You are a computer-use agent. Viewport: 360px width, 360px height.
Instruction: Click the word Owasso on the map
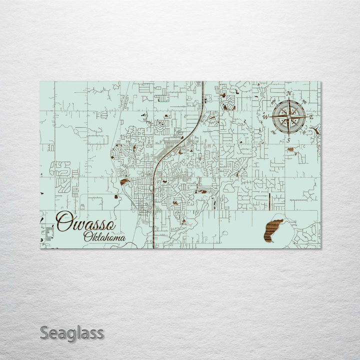(x=85, y=221)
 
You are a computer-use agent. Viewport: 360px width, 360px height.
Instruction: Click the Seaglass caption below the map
(x=72, y=333)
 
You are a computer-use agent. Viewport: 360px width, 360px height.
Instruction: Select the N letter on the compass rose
(x=289, y=93)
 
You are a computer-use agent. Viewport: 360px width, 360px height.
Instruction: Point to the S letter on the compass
(x=289, y=140)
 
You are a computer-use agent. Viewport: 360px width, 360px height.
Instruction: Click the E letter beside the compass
(x=311, y=117)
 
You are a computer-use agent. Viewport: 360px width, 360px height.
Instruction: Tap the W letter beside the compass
(x=266, y=117)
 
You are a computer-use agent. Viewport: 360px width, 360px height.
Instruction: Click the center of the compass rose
(x=289, y=117)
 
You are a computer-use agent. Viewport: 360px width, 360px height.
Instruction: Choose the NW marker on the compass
(x=273, y=102)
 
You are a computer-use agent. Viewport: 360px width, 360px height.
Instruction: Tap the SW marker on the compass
(x=273, y=132)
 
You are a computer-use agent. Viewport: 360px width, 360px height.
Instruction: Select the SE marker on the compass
(x=304, y=132)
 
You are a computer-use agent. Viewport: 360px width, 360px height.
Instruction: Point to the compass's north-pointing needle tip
(x=289, y=99)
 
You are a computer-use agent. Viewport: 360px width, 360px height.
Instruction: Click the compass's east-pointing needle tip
(x=305, y=117)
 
